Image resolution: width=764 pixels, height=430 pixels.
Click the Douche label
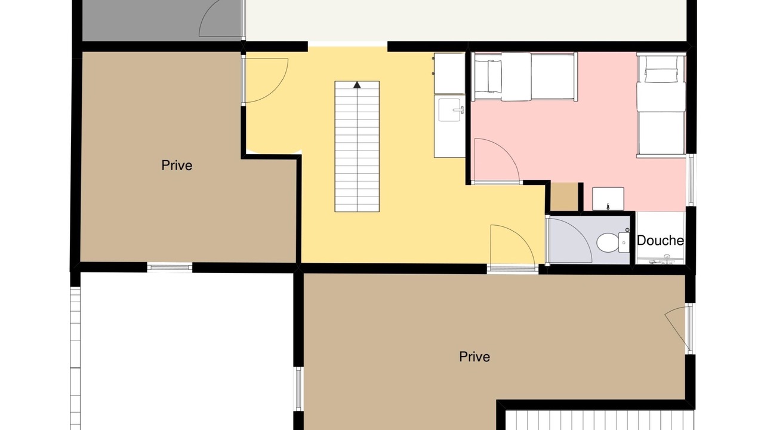[660, 241]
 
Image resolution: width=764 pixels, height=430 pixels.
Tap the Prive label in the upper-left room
[177, 165]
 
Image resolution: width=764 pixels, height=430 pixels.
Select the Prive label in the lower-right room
[475, 357]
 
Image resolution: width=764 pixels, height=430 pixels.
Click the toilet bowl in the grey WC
[608, 242]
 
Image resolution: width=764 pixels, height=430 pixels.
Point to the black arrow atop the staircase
[357, 85]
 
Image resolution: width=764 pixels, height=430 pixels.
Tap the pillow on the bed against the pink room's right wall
[661, 75]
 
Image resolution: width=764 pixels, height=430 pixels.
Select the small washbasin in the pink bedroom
[608, 199]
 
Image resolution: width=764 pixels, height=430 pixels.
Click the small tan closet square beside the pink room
[564, 197]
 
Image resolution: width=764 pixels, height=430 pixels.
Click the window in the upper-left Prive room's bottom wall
[170, 267]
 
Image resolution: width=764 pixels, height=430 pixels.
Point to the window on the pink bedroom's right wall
[691, 180]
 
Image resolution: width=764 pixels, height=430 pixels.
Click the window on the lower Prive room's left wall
[298, 389]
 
